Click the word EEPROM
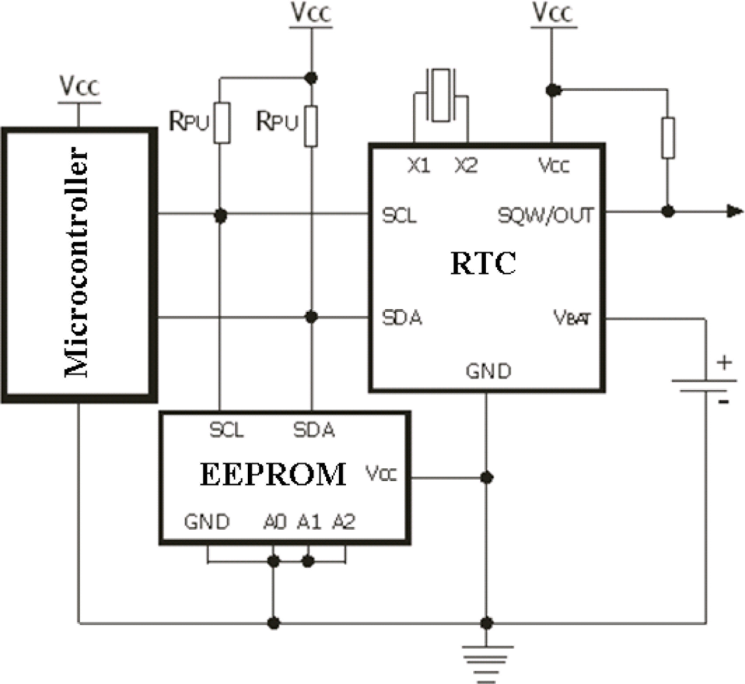[x=273, y=473]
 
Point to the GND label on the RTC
[x=488, y=372]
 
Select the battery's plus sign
[x=723, y=363]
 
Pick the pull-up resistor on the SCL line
[x=221, y=123]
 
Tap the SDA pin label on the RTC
[x=401, y=318]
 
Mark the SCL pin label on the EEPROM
[x=227, y=430]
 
